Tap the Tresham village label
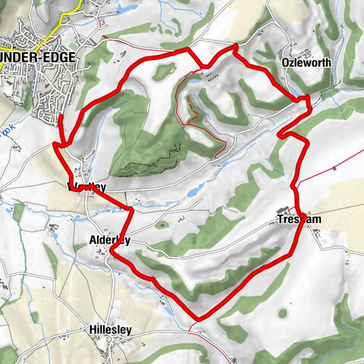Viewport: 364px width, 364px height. (x=295, y=220)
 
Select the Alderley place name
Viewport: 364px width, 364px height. (x=104, y=240)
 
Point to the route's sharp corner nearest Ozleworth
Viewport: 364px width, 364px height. (x=307, y=99)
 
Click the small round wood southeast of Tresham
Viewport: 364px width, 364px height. (x=283, y=312)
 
